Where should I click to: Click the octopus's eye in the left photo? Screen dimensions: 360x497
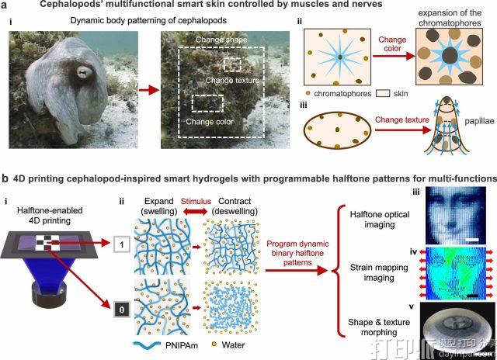tap(80, 76)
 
